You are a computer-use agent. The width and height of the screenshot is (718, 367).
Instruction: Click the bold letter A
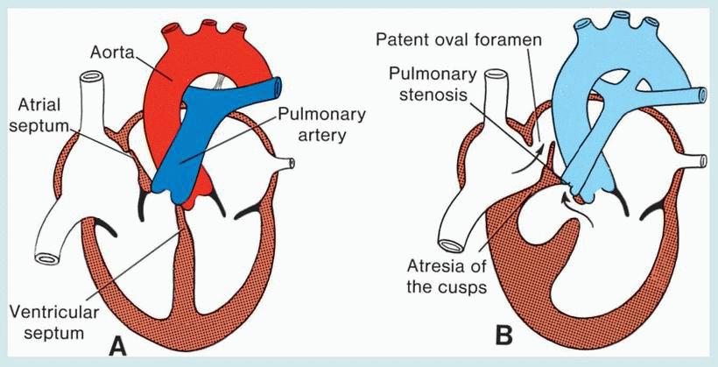tap(114, 347)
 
